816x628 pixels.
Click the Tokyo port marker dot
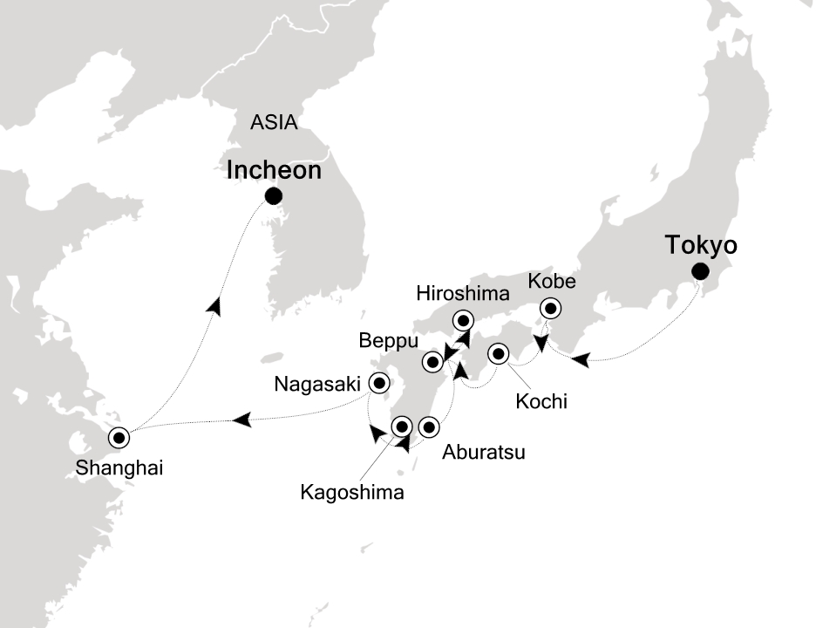tap(699, 271)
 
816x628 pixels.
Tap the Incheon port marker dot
tap(274, 195)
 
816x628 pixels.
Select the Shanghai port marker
tap(118, 436)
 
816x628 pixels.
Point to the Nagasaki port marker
tap(379, 382)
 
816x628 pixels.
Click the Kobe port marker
tap(550, 308)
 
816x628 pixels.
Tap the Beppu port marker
tap(432, 360)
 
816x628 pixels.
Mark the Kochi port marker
tap(499, 353)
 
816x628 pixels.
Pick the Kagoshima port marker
tap(402, 427)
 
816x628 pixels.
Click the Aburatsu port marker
tap(429, 427)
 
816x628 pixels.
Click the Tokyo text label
tap(702, 245)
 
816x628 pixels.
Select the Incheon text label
tap(274, 170)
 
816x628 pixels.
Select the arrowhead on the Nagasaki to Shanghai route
tap(244, 420)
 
